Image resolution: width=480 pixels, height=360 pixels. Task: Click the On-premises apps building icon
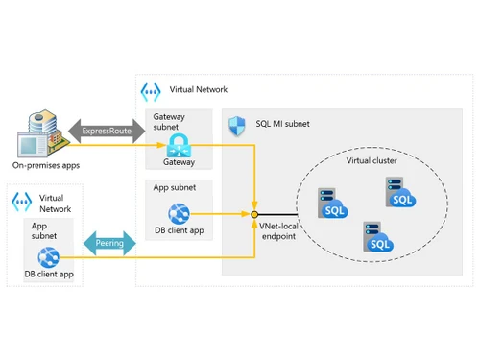pos(38,135)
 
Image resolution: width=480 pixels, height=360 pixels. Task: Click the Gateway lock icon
pos(179,145)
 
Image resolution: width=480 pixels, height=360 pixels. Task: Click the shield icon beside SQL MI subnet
pos(238,124)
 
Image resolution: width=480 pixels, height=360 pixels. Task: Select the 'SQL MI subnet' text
pos(283,124)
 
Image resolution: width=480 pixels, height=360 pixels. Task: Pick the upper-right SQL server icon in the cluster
pos(399,194)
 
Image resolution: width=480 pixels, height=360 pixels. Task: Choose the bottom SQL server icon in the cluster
pos(377,237)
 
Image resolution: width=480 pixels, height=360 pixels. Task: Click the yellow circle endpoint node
pos(254,213)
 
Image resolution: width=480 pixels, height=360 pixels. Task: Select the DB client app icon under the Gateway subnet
pos(179,213)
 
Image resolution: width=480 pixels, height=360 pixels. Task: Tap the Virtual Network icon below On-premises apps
pos(21,202)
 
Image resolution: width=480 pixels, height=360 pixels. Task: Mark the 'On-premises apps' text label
pos(45,165)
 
